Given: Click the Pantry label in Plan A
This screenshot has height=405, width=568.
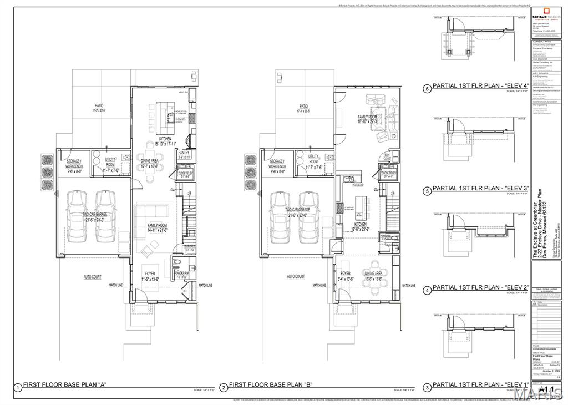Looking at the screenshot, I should click(184, 155).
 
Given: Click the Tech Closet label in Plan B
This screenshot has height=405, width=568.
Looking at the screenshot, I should click(386, 156).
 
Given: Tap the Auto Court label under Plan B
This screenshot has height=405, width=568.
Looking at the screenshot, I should click(296, 276).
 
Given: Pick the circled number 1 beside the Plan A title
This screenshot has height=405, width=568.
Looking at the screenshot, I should click(18, 388).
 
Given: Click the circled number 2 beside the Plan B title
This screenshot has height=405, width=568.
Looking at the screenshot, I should click(224, 388).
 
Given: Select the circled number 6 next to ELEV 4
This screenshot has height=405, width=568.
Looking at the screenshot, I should click(427, 88).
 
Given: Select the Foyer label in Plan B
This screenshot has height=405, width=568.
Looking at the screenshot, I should click(346, 274).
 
